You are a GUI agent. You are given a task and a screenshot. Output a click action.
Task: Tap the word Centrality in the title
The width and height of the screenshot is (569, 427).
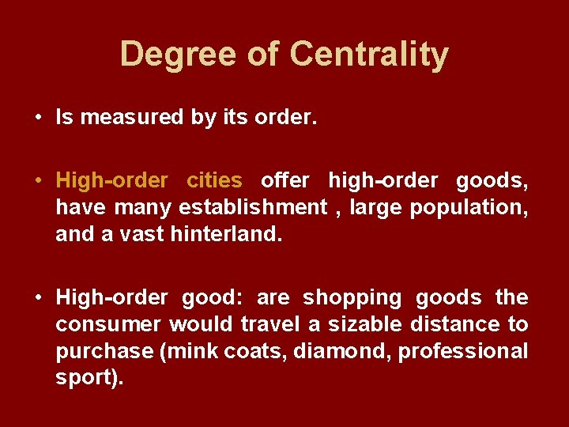click(369, 55)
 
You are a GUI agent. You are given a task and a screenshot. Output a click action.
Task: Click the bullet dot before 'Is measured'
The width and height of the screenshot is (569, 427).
click(38, 119)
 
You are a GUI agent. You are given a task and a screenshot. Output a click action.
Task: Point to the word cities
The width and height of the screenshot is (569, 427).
click(214, 180)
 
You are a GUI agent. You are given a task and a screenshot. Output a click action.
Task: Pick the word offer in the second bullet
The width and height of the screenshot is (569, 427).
click(284, 180)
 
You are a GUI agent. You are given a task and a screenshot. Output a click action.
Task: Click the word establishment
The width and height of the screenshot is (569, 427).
click(253, 207)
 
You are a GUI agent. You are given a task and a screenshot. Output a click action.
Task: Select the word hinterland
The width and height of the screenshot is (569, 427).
click(225, 234)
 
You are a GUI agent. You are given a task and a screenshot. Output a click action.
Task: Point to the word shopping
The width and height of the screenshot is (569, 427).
click(352, 297)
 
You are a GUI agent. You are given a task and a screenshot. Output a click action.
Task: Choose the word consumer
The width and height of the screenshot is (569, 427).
click(108, 324)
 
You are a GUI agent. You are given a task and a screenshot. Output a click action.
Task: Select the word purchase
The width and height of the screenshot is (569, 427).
click(104, 351)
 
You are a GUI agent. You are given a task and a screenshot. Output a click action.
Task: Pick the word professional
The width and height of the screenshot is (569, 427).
click(462, 351)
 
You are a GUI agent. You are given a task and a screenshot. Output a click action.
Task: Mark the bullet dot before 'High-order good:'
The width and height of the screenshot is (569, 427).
click(38, 298)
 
